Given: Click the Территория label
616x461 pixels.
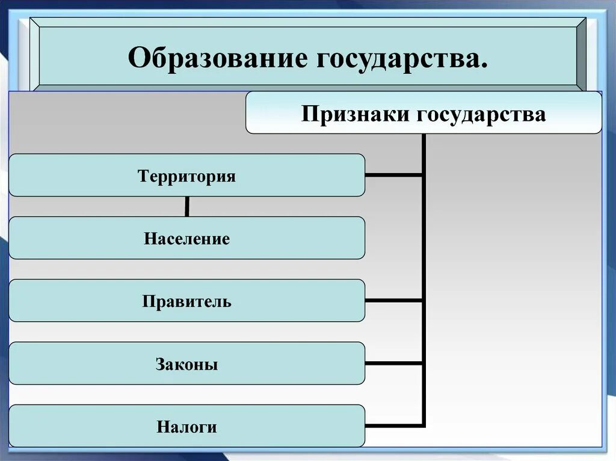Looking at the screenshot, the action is (x=186, y=177).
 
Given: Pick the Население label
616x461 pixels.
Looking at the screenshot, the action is (x=186, y=239).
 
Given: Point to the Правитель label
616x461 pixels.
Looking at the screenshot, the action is (x=186, y=301).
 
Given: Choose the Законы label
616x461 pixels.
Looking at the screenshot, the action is (x=186, y=364).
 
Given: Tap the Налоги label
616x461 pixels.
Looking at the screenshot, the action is (x=186, y=427).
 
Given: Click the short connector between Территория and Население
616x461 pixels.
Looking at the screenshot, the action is (x=187, y=206).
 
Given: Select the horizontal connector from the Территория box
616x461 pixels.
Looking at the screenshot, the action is (x=394, y=176).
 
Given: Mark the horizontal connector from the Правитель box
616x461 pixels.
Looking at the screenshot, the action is (x=394, y=300).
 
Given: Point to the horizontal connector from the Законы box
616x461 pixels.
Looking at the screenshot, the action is (x=394, y=363).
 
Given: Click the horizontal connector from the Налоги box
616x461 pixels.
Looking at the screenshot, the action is (x=394, y=426).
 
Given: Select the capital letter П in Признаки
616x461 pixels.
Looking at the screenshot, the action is (x=309, y=114).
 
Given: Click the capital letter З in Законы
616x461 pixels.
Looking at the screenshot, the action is (x=160, y=364).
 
